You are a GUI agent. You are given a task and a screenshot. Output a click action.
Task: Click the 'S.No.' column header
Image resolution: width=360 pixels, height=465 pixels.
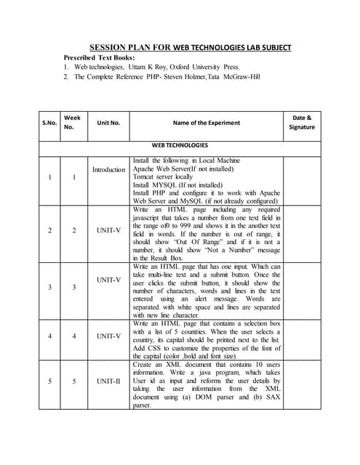point(49,123)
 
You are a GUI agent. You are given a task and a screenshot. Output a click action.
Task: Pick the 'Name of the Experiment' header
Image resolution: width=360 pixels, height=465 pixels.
point(206,123)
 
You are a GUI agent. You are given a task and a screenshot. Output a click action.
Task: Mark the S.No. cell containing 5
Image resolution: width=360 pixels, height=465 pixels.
point(49,381)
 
